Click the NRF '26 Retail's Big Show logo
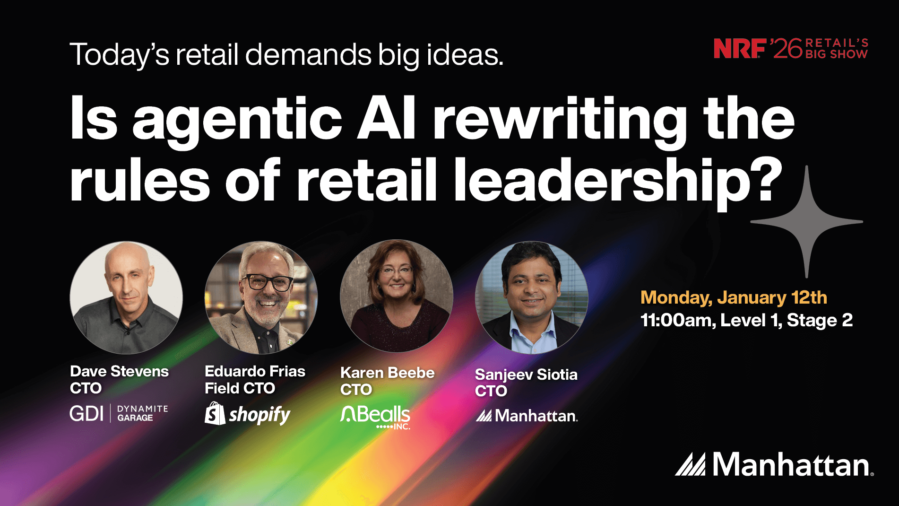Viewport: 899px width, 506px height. [791, 49]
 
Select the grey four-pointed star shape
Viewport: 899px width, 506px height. [806, 221]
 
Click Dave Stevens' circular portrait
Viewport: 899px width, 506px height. [126, 297]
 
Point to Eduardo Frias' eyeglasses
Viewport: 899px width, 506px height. [267, 282]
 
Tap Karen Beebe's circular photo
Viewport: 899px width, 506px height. [396, 296]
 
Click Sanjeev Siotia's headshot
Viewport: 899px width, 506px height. [531, 297]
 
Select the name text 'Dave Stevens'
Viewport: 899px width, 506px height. [119, 371]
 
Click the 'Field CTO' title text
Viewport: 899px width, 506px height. [240, 388]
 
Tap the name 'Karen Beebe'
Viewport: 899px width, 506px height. [387, 373]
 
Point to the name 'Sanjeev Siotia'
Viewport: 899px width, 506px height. [526, 375]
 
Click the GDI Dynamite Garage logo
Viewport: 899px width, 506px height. [119, 413]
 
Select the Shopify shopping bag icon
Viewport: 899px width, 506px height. [215, 413]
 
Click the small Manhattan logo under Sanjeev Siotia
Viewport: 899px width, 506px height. [527, 416]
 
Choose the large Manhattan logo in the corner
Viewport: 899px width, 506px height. [774, 464]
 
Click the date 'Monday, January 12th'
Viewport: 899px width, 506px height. [734, 297]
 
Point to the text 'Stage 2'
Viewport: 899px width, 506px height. [820, 320]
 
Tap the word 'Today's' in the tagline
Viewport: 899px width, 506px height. [119, 55]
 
